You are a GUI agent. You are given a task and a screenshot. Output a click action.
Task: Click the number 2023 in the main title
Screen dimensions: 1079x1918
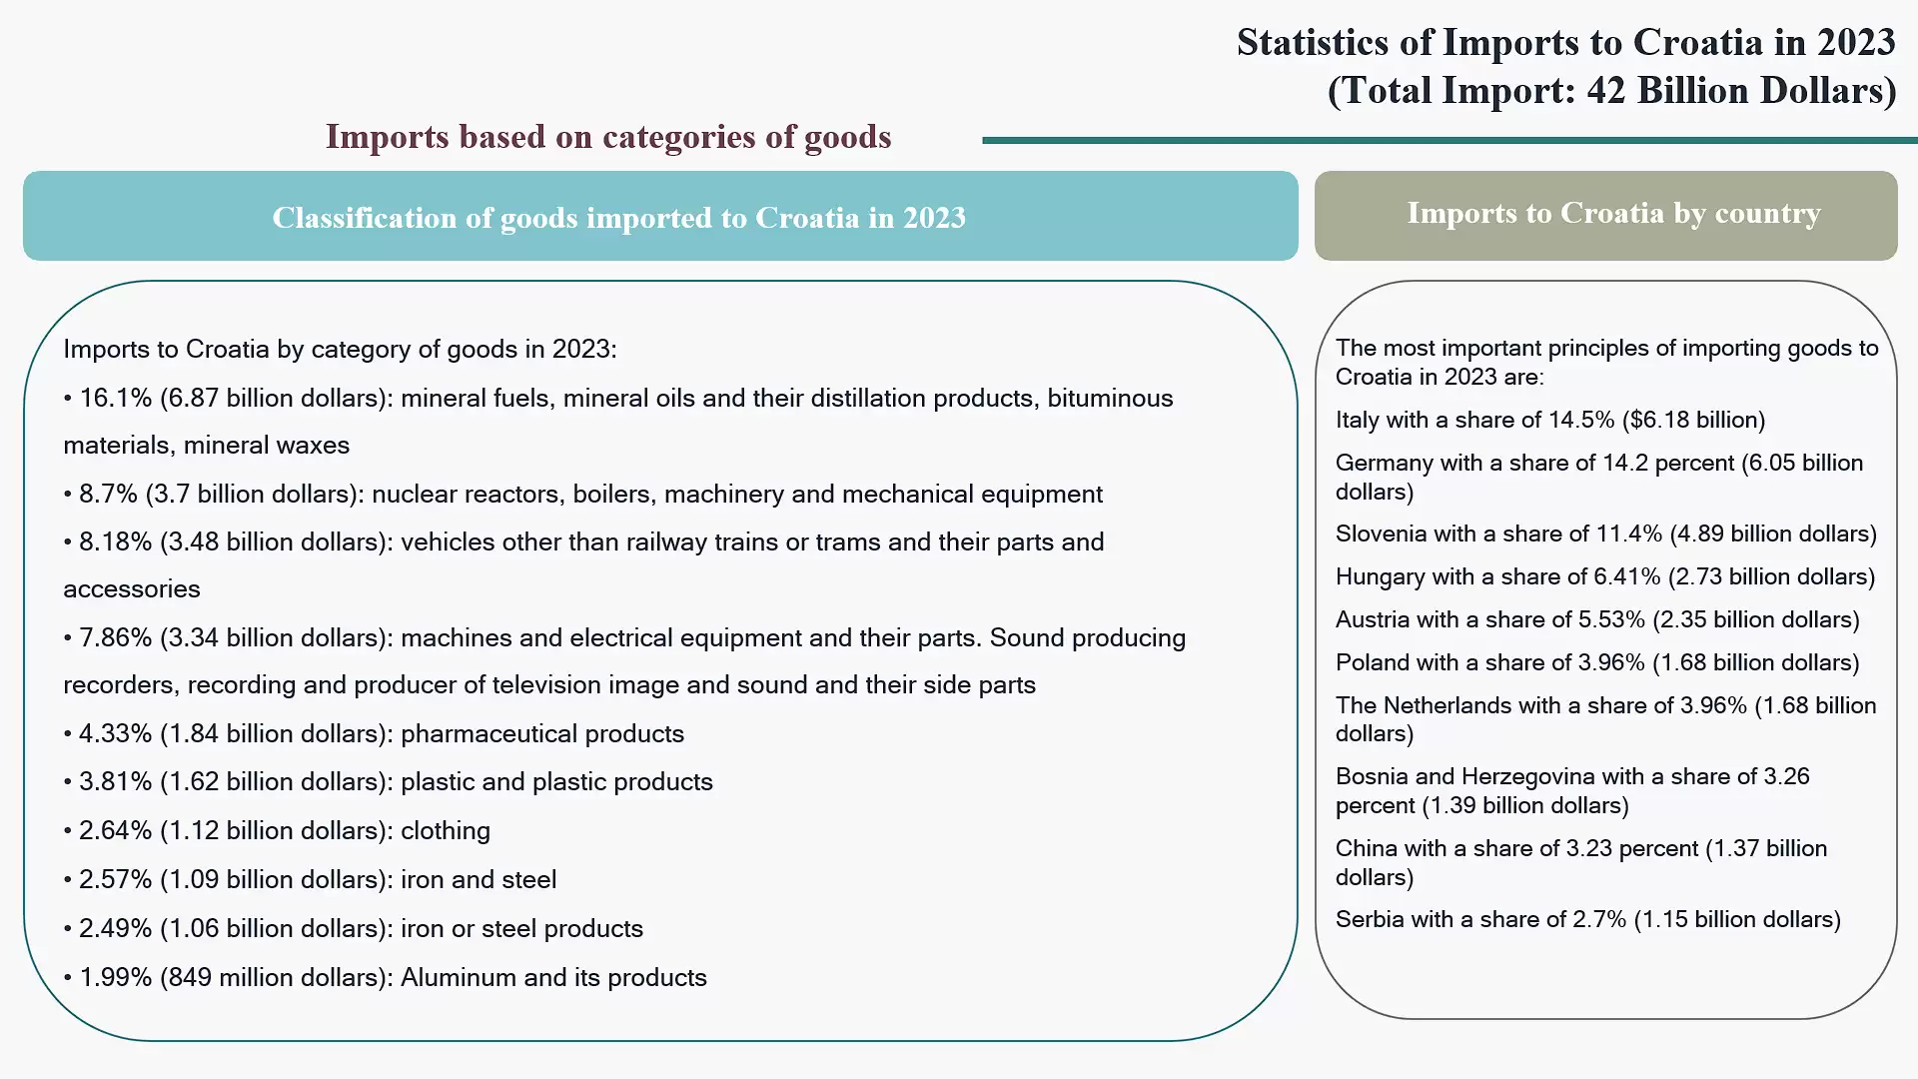pos(1855,43)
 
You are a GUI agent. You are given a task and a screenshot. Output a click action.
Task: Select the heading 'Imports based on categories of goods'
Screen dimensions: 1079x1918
pos(607,137)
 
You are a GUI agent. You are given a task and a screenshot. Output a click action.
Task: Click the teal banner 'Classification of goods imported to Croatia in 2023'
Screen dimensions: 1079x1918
pos(659,217)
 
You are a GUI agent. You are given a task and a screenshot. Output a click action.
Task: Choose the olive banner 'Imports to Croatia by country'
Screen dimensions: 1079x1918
pos(1605,214)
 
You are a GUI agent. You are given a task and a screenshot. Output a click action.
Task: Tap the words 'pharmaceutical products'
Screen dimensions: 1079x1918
pos(542,734)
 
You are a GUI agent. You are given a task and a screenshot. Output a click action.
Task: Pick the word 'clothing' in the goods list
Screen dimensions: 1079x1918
pos(446,831)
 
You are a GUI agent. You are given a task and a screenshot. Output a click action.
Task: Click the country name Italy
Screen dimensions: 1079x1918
pos(1357,421)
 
